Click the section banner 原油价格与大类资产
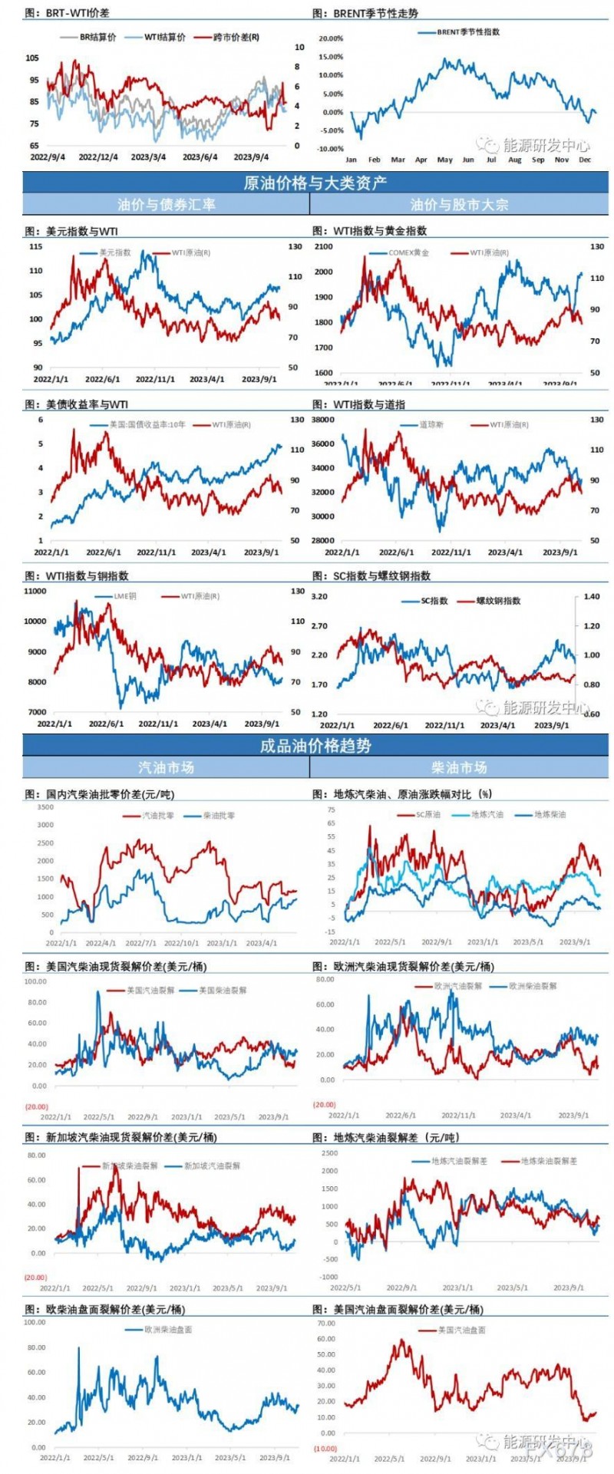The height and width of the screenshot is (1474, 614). [x=315, y=183]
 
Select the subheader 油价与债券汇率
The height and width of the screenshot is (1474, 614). [x=166, y=204]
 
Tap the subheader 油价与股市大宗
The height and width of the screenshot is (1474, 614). [x=459, y=204]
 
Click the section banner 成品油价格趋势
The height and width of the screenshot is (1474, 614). [x=315, y=745]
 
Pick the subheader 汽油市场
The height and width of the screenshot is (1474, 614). [x=166, y=767]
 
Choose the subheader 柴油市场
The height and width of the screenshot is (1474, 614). [x=459, y=767]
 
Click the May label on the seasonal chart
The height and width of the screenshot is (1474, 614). [x=444, y=160]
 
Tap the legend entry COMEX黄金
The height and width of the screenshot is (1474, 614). [x=408, y=252]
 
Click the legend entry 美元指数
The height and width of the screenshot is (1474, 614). [x=114, y=252]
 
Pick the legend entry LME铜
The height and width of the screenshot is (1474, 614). [x=124, y=596]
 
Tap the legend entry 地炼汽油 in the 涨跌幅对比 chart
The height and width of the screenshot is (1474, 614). [x=486, y=815]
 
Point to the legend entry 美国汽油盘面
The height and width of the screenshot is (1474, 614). [x=460, y=1330]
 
